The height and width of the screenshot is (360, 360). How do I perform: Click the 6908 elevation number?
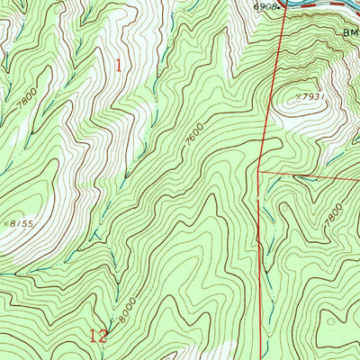(x=263, y=6)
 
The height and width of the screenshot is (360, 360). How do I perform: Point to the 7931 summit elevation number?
(x=311, y=94)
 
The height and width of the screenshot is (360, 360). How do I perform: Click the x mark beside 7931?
(x=297, y=93)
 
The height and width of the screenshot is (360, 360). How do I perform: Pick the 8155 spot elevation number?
(x=22, y=220)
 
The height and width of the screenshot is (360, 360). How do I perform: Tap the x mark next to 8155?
(x=7, y=220)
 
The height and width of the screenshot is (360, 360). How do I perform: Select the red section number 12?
(x=100, y=337)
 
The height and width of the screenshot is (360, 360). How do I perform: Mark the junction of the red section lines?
(x=259, y=169)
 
